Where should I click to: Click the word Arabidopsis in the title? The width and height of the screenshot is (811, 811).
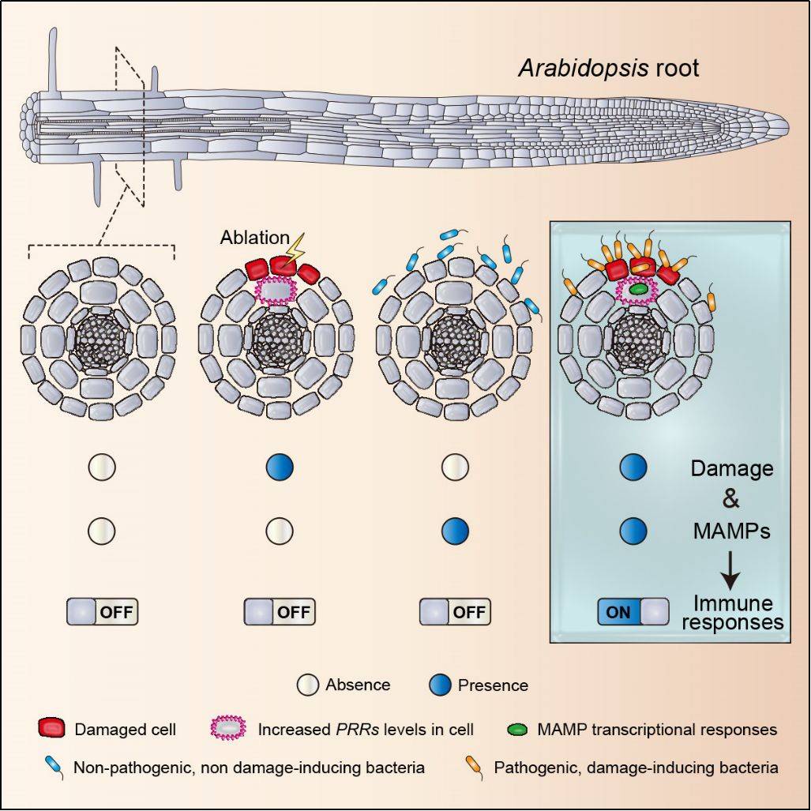584,68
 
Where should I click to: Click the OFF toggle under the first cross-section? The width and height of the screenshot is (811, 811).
103,611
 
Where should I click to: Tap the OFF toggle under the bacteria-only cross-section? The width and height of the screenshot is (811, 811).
455,611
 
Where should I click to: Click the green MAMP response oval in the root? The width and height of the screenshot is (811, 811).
639,290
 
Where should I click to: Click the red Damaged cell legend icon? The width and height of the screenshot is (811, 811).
51,728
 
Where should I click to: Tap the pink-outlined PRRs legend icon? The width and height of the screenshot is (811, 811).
230,728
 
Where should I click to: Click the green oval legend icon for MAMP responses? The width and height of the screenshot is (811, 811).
516,729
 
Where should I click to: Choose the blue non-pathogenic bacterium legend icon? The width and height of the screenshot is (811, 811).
54,764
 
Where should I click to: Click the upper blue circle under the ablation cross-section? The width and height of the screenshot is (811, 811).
280,467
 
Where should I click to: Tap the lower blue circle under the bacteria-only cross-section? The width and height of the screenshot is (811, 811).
456,530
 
